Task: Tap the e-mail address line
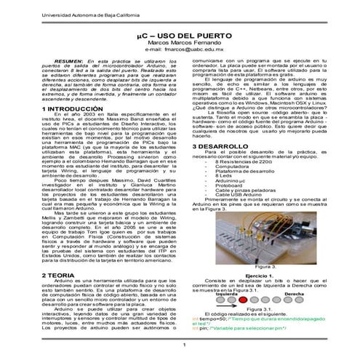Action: pos(179,50)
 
